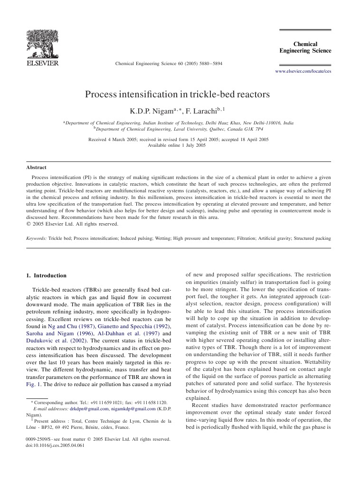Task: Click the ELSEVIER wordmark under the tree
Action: (43, 63)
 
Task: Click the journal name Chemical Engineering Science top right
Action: (305, 47)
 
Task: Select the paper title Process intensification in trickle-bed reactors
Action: (177, 94)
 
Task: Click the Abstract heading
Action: (36, 167)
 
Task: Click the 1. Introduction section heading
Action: (47, 275)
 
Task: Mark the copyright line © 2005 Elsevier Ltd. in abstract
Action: (72, 224)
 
